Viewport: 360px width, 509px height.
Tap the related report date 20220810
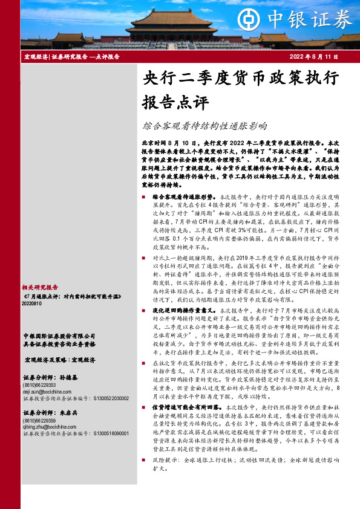pos(32,305)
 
